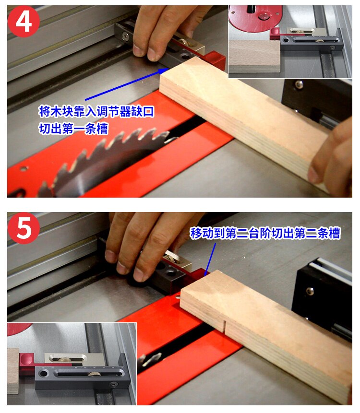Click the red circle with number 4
tap(23, 21)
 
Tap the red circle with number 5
tap(23, 229)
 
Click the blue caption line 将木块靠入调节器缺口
tap(96, 112)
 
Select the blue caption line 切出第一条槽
tap(73, 129)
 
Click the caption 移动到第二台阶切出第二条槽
tap(265, 234)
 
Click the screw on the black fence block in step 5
tap(311, 290)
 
